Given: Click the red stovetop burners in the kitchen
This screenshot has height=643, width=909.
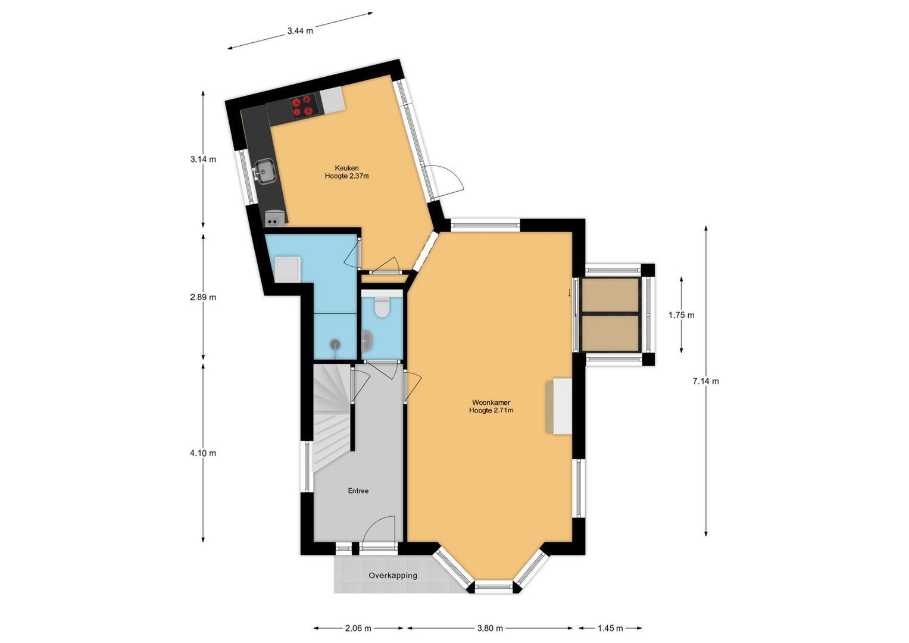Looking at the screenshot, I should pos(302,106).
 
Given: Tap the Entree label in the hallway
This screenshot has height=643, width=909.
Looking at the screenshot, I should pos(358,491).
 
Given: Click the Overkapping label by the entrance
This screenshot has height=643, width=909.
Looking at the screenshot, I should pos(392,576).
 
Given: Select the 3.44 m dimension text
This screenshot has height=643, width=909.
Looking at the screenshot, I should pos(300,31).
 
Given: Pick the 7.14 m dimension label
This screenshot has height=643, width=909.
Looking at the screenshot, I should pos(705,381).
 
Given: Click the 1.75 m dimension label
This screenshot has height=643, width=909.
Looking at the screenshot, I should pos(681,315).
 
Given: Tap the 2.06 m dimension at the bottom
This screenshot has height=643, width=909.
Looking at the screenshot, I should pos(358,628).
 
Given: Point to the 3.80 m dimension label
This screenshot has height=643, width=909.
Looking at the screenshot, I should pos(490,628).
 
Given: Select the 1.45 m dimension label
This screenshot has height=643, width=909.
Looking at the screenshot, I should pos(610,628).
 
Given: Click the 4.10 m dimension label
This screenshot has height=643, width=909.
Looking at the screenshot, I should pos(203,453).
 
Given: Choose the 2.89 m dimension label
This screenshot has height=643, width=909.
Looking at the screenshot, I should pos(203,297).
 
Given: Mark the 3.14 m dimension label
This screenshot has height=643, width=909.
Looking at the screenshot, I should pos(203,159).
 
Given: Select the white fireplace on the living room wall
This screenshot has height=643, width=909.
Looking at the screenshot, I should pos(560,406).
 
